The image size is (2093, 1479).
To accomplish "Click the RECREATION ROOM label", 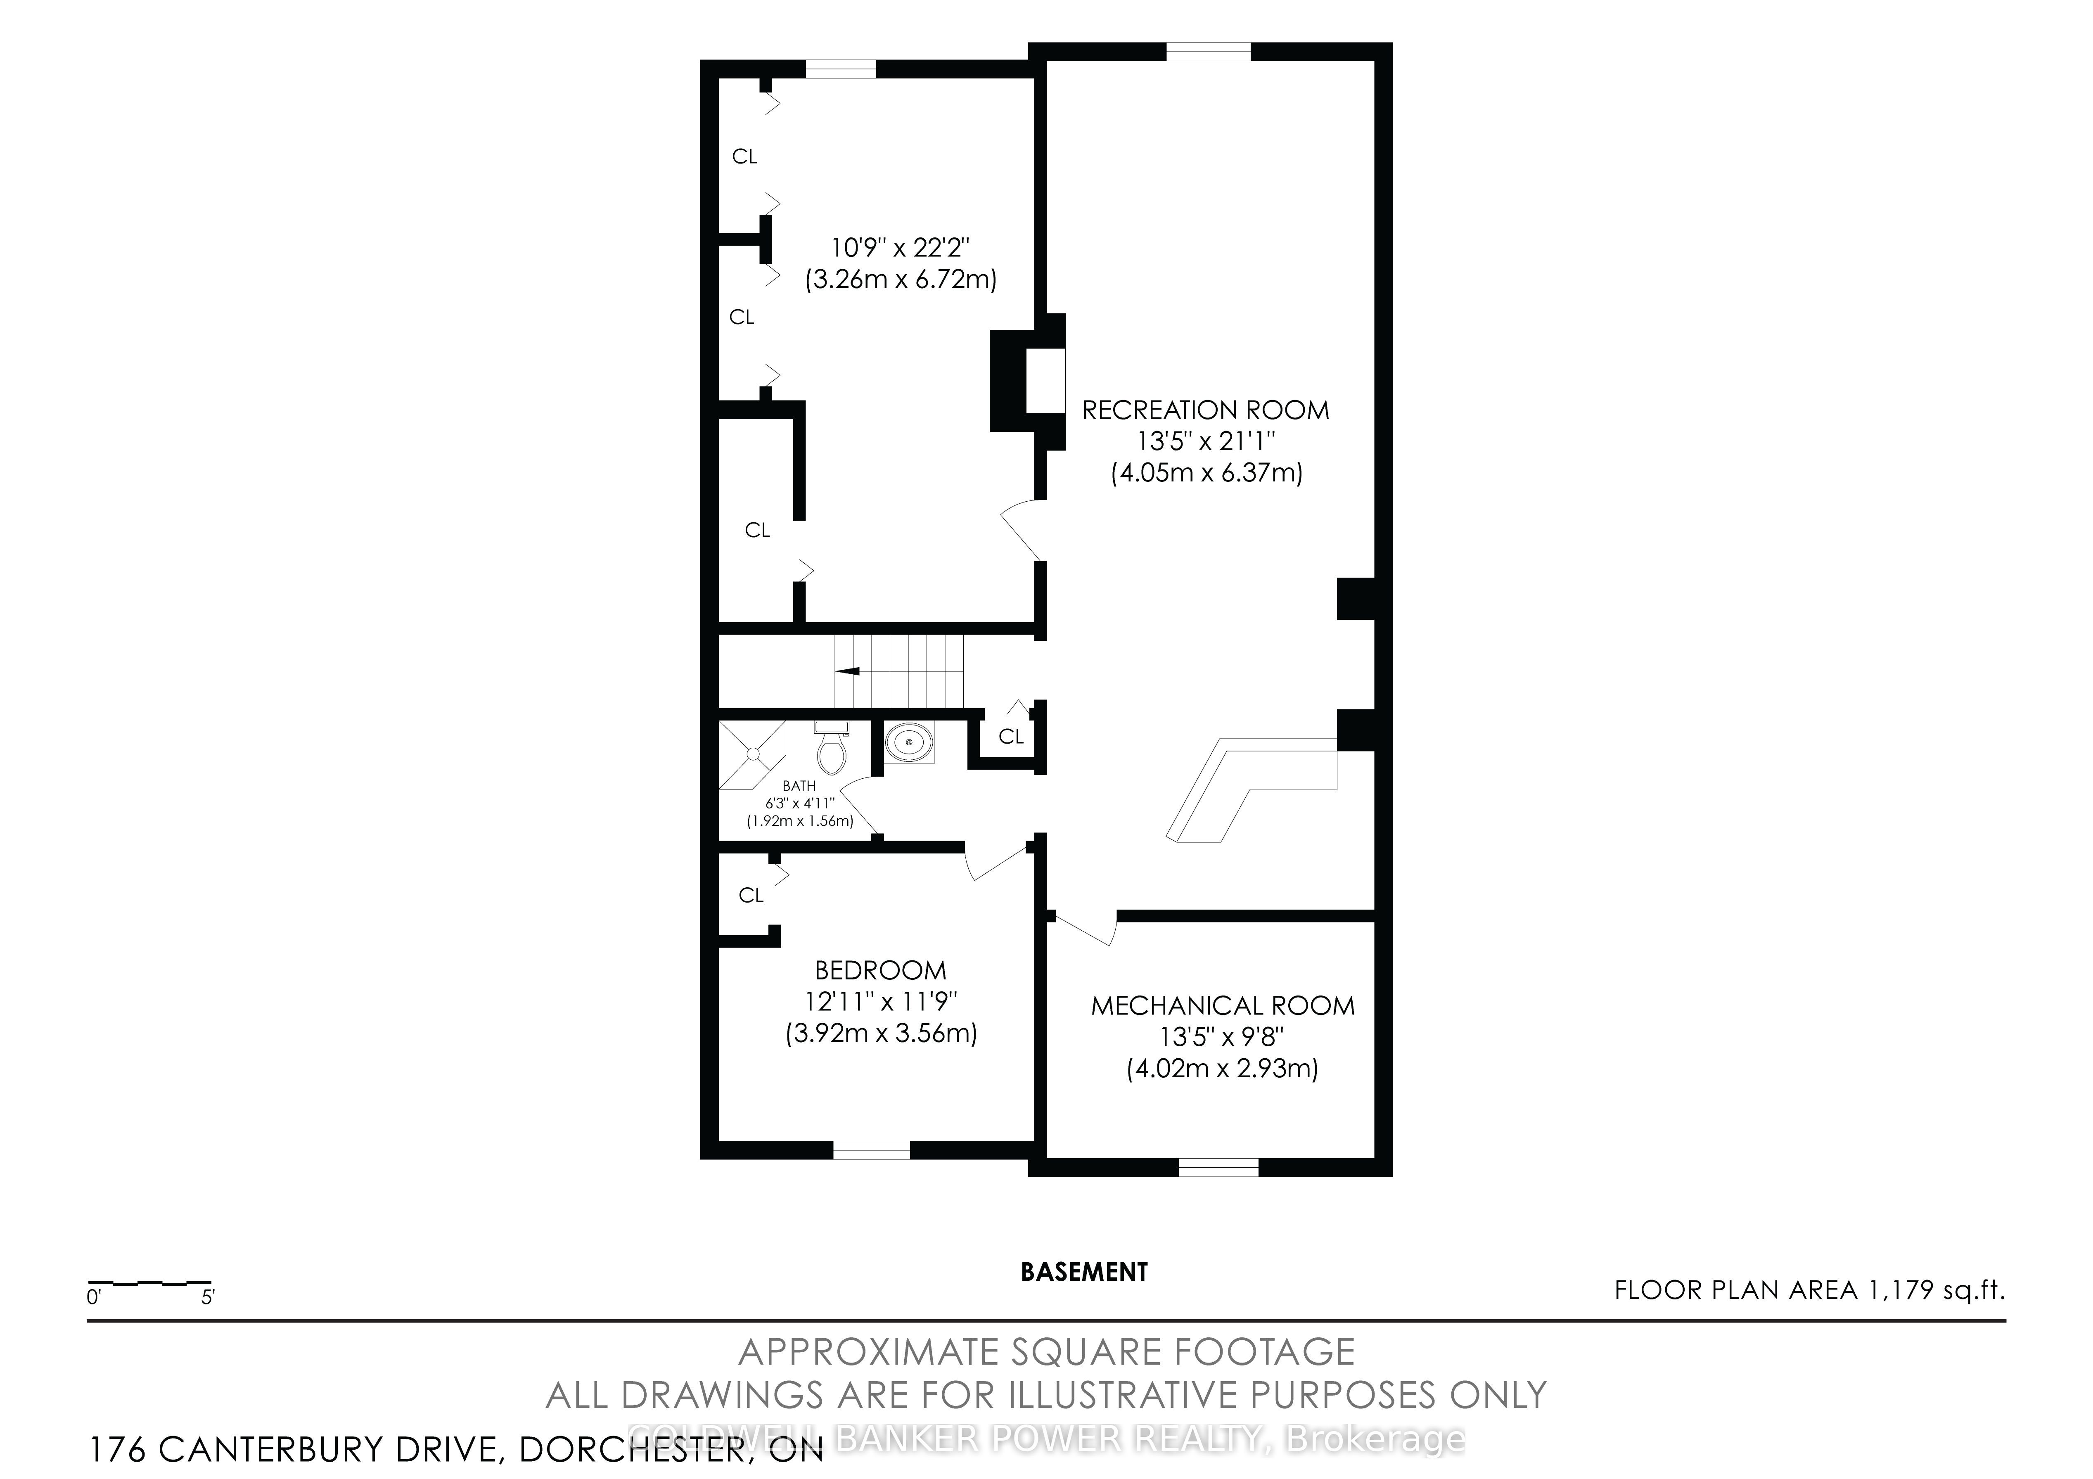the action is pos(1205,410).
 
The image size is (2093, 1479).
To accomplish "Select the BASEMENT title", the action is pos(1084,1272).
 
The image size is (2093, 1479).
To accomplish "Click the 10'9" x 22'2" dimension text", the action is pos(900,247).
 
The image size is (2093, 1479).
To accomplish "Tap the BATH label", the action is pos(799,786).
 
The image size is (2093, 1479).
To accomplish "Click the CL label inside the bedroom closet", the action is pos(751,896).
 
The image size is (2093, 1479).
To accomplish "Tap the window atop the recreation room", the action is pos(1209,52).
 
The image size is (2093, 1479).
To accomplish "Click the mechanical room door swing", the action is pos(1085,928).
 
